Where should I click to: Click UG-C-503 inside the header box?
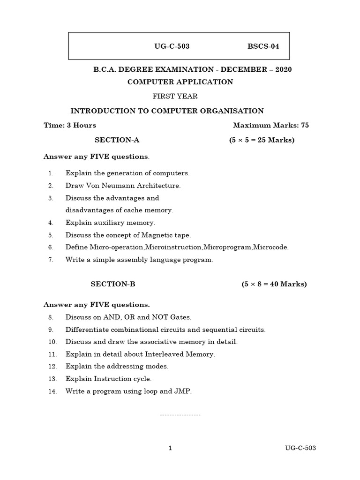pyautogui.click(x=172, y=46)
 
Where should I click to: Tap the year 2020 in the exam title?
pyautogui.click(x=283, y=69)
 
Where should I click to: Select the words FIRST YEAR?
pyautogui.click(x=175, y=96)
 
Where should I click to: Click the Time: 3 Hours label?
pyautogui.click(x=70, y=125)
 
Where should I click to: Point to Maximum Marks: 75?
pyautogui.click(x=270, y=125)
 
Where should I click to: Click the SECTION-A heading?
pyautogui.click(x=117, y=140)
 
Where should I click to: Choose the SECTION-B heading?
pyautogui.click(x=112, y=284)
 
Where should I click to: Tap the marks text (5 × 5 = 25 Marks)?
pyautogui.click(x=262, y=140)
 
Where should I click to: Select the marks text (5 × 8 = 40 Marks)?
pyautogui.click(x=274, y=284)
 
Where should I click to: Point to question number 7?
pyautogui.click(x=51, y=260)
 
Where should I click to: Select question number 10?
pyautogui.click(x=52, y=342)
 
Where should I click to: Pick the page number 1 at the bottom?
pyautogui.click(x=170, y=448)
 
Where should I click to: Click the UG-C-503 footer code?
pyautogui.click(x=300, y=448)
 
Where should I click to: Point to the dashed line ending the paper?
pyautogui.click(x=180, y=415)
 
